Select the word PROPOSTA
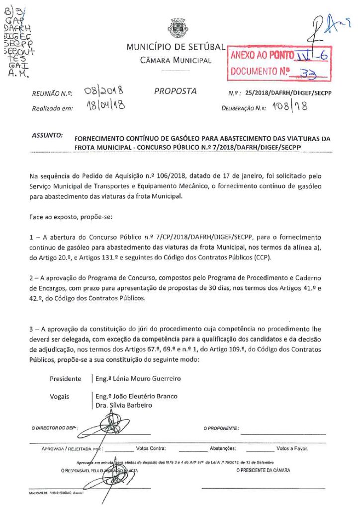(x=176, y=91)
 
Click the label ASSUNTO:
(x=47, y=135)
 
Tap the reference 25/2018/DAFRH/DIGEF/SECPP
(x=288, y=93)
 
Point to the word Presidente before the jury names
(x=66, y=379)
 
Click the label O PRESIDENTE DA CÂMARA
(x=263, y=470)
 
